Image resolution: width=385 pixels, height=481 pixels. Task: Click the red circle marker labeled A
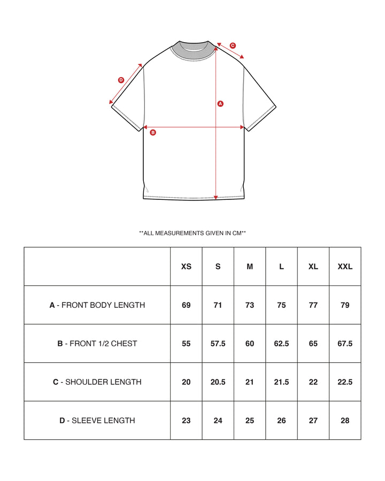point(220,104)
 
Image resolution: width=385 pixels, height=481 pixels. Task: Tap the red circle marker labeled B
point(153,132)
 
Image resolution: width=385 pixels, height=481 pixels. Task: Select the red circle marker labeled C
point(233,45)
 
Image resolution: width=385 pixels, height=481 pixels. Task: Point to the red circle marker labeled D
point(121,80)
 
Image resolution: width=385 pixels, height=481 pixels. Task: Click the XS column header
point(186,266)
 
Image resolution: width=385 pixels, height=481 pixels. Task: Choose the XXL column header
point(345,266)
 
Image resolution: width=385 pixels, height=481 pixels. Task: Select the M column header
point(250,266)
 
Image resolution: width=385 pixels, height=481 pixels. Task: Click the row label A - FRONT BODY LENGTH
point(97,305)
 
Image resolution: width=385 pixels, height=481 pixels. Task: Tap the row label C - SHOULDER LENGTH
point(97,382)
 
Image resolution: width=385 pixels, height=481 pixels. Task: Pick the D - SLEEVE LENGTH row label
point(97,421)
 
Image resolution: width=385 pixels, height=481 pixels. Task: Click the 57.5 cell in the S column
point(218,344)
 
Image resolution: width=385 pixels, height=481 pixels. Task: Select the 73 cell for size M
point(250,305)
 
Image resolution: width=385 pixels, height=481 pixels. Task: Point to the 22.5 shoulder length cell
point(345,382)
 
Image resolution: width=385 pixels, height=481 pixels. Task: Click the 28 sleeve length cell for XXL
point(345,421)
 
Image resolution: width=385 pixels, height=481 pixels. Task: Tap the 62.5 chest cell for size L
point(281,344)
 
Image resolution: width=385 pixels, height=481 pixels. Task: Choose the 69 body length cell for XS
point(186,305)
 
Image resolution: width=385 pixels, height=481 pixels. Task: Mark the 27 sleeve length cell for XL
point(313,421)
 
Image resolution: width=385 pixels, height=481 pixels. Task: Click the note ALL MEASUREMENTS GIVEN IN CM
point(192,233)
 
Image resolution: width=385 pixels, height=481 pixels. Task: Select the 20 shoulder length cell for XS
point(186,382)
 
